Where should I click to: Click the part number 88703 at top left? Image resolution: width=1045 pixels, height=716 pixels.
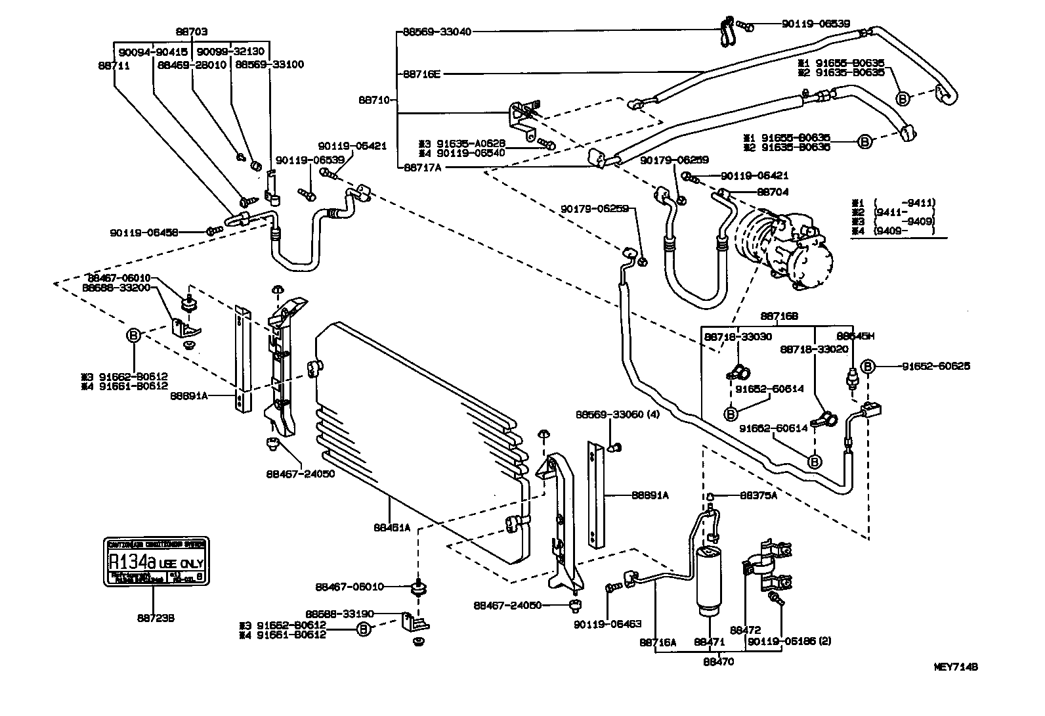point(192,31)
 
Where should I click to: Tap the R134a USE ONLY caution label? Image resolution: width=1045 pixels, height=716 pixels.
point(156,562)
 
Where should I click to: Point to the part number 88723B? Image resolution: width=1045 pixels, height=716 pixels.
point(156,618)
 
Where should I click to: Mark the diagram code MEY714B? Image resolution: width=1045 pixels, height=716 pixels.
point(956,667)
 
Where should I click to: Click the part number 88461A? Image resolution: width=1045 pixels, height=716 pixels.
point(392,527)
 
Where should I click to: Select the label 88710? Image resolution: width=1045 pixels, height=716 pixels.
point(374,100)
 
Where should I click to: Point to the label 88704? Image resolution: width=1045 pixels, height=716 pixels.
point(773,192)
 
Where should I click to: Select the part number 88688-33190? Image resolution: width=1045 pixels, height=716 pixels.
point(340,614)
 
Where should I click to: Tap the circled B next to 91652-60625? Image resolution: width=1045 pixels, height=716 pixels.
point(868,367)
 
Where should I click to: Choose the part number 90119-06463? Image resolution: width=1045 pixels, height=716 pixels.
point(607,624)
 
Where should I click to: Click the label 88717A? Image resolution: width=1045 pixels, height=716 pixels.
point(423,168)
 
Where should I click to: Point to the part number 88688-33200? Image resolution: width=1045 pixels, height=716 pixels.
point(116,288)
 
